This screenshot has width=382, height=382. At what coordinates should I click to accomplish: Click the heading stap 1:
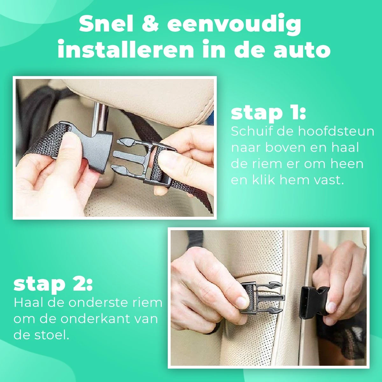[x=268, y=113]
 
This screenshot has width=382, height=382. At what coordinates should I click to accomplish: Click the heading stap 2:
[x=53, y=284]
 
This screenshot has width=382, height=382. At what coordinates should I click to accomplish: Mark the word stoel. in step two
[x=50, y=335]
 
